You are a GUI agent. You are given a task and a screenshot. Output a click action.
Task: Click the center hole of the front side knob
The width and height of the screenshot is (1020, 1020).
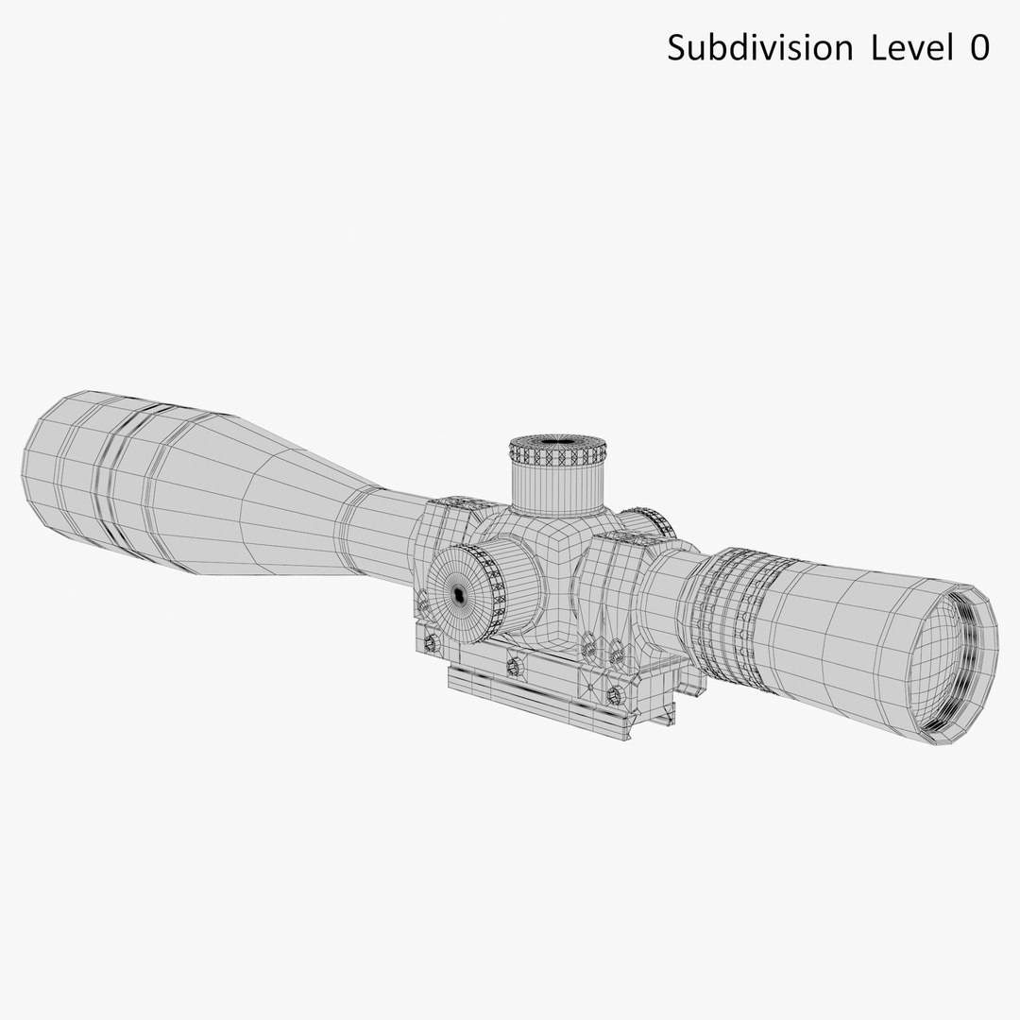(459, 593)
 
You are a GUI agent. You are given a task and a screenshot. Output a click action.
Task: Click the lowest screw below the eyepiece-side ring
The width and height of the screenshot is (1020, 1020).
(617, 698)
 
